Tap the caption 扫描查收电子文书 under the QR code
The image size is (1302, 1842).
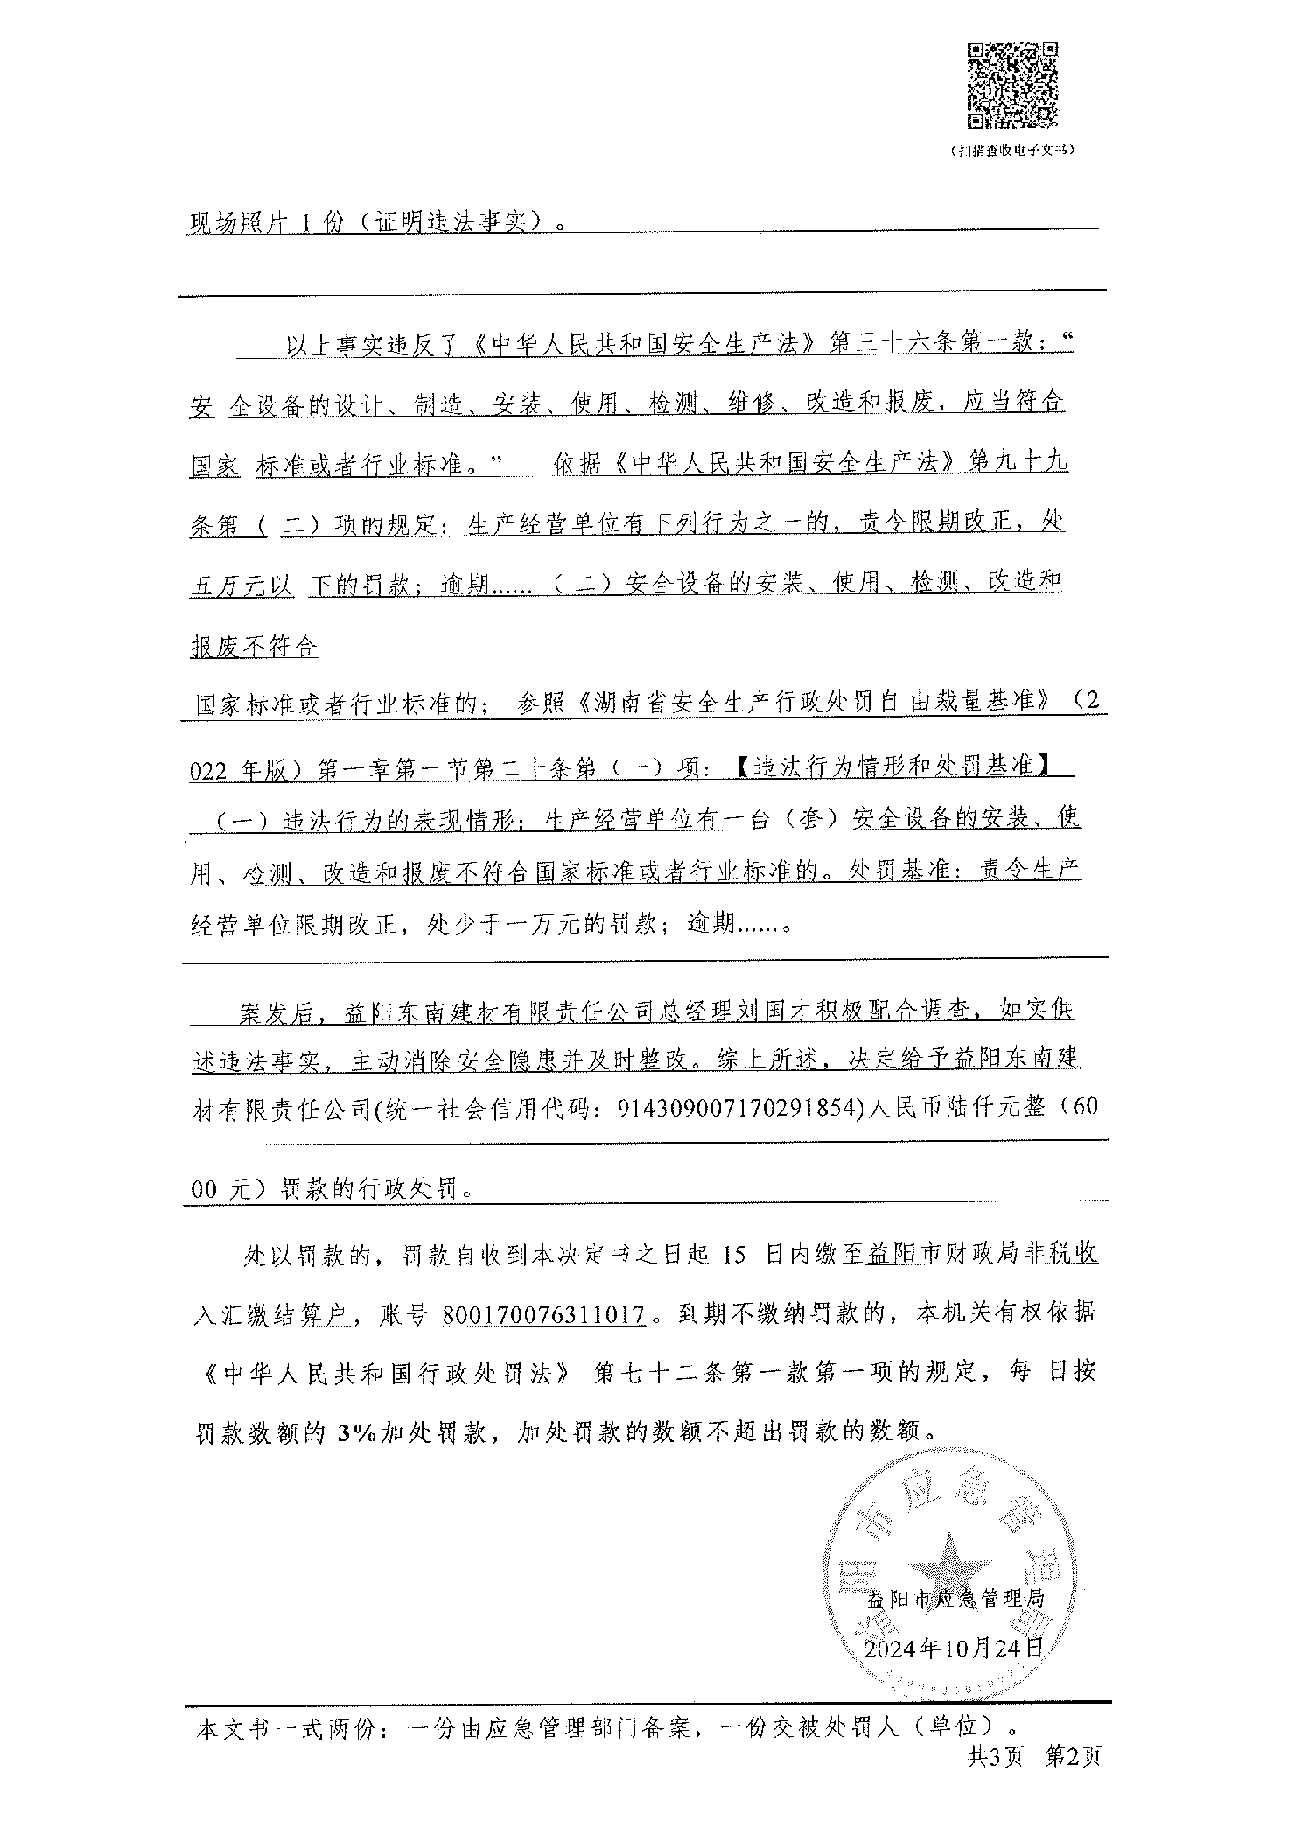pyautogui.click(x=1011, y=151)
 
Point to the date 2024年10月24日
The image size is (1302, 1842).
pyautogui.click(x=953, y=1649)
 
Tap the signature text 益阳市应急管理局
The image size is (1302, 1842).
pyautogui.click(x=955, y=1600)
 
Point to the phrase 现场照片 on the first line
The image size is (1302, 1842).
pyautogui.click(x=235, y=222)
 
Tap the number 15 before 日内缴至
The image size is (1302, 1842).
pyautogui.click(x=735, y=1255)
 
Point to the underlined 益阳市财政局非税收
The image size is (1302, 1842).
pyautogui.click(x=982, y=1255)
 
